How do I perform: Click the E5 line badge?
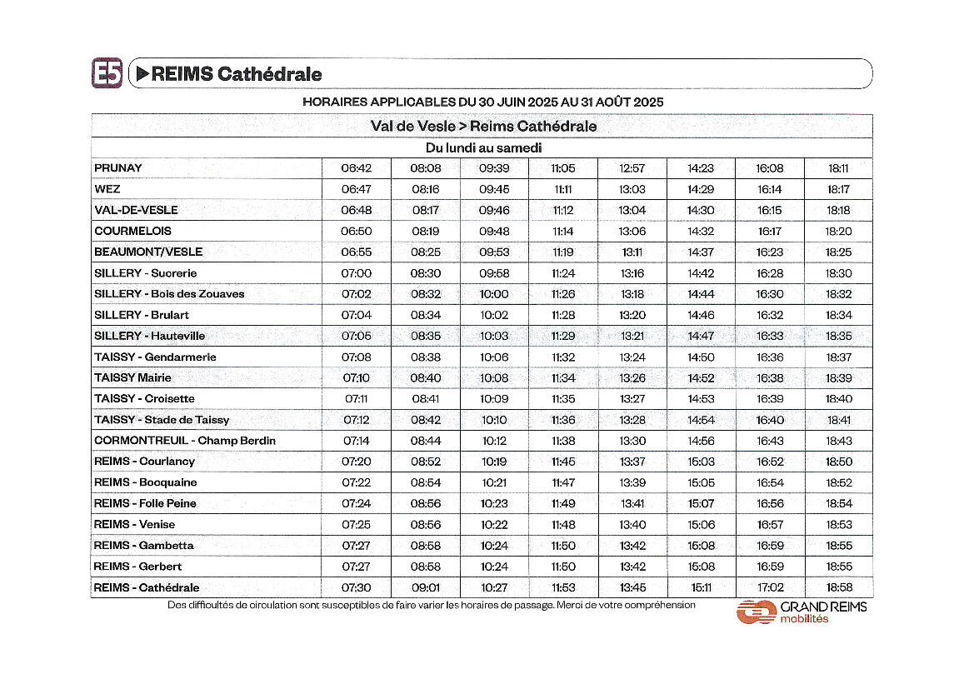point(107,73)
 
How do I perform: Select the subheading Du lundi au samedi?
point(483,147)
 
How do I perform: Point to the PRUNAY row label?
point(118,168)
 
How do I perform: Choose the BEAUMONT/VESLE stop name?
point(148,252)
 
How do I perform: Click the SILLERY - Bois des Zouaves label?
point(169,294)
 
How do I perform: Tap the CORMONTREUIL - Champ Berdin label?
point(185,441)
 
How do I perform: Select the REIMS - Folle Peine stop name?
point(145,503)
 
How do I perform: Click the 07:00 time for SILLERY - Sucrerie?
point(357,273)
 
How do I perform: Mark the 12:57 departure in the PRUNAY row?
point(632,168)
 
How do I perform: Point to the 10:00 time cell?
point(494,294)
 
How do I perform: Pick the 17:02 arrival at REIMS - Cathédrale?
point(770,587)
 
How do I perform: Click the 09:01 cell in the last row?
point(426,587)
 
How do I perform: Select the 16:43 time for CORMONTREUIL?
point(770,441)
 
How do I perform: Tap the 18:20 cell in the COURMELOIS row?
point(838,232)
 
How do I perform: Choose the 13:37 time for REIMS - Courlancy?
point(632,462)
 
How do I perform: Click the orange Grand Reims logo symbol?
point(756,612)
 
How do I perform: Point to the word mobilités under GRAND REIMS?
point(804,619)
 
